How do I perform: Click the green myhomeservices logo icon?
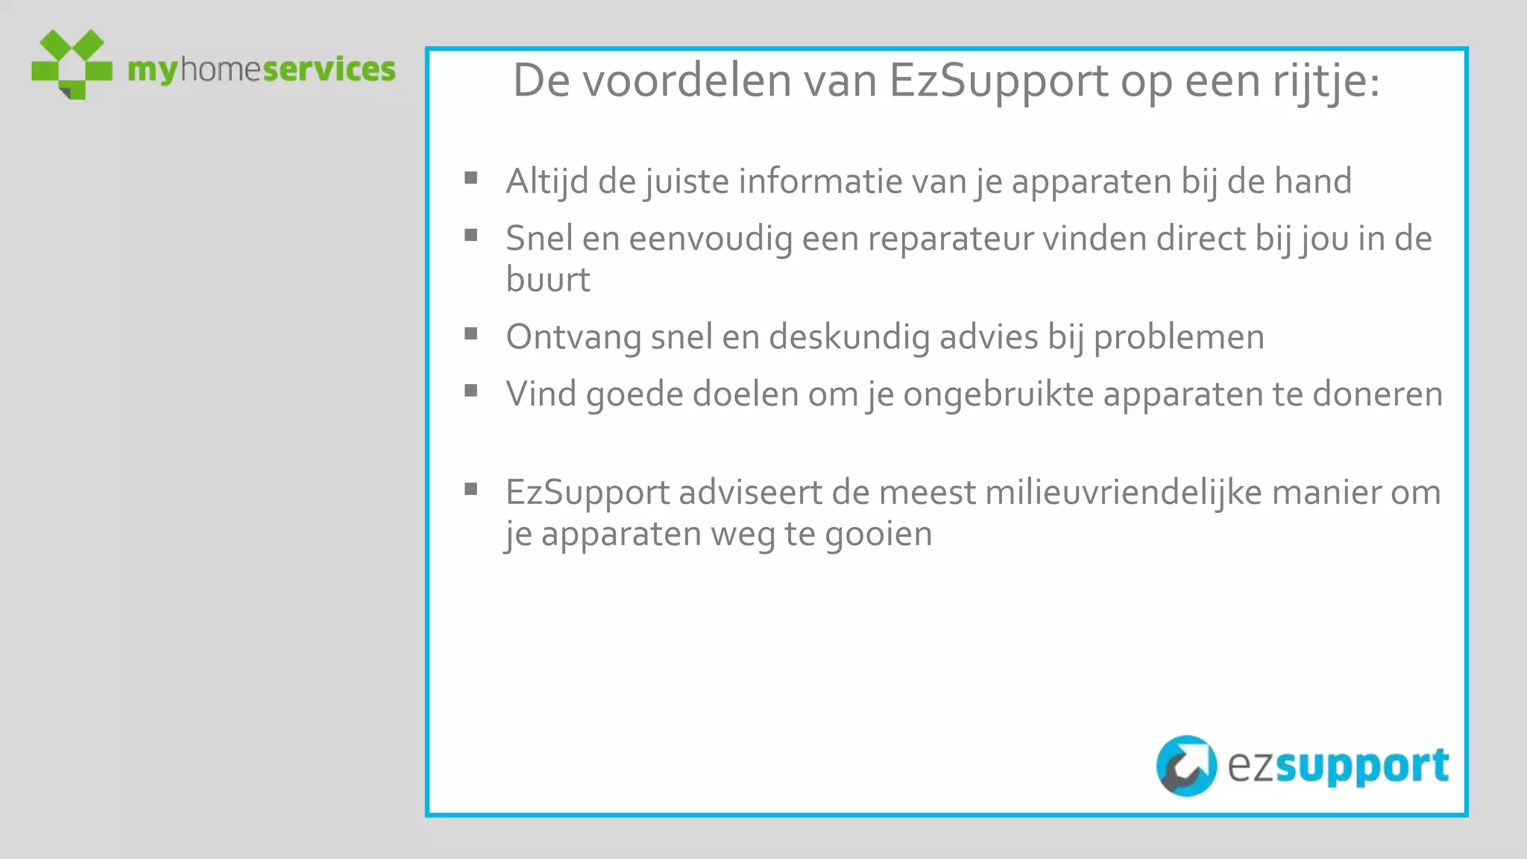coord(72,63)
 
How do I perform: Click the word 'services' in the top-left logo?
coord(329,69)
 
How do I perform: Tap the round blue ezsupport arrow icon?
coord(1186,766)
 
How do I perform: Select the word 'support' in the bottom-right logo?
coord(1362,767)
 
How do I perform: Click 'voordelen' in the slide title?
coord(686,81)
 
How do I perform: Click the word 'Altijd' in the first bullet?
coord(547,182)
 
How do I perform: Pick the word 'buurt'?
coord(548,280)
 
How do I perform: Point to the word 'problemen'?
coord(1179,338)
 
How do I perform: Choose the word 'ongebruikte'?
coord(998,394)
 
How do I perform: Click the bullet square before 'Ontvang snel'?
coord(470,334)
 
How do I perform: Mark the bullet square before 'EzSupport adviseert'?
coord(470,489)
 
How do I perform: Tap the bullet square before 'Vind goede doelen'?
coord(470,391)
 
